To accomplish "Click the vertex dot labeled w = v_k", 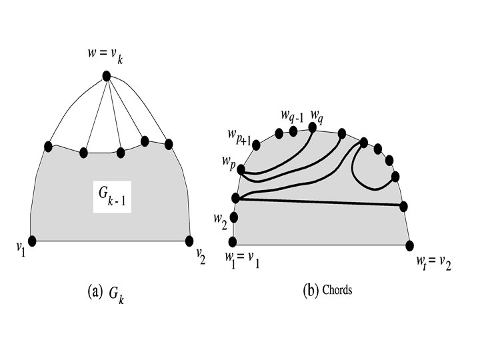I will point(106,77).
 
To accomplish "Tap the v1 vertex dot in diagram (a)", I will point(32,241).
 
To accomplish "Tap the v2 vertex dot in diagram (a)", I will point(189,241).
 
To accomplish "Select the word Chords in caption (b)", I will point(337,291).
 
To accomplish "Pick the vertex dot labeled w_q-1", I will point(293,131).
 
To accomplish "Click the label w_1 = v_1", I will point(241,258).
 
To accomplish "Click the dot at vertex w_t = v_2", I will point(408,244).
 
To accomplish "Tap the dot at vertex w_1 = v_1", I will point(233,241).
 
